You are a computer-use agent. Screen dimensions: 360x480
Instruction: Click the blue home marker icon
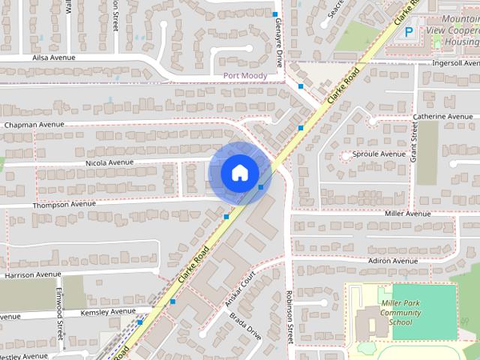point(239,172)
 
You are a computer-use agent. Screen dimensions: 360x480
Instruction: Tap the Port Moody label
point(246,76)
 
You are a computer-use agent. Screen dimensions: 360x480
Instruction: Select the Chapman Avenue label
point(34,124)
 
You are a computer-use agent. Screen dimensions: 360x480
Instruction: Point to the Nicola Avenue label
point(109,162)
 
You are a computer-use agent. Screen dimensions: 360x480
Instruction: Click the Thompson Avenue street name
point(64,204)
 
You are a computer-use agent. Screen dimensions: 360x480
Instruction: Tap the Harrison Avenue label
point(32,275)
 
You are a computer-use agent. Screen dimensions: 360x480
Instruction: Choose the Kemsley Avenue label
point(107,311)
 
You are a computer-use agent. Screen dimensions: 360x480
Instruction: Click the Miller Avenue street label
point(408,214)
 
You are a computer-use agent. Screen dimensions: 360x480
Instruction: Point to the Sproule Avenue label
point(380,154)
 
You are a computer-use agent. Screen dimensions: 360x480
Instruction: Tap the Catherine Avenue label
point(442,117)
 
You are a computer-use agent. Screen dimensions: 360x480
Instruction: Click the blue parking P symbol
point(409,32)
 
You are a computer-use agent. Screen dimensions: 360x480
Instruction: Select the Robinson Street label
point(289,317)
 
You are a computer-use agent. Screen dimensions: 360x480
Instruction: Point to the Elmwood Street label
point(61,325)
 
